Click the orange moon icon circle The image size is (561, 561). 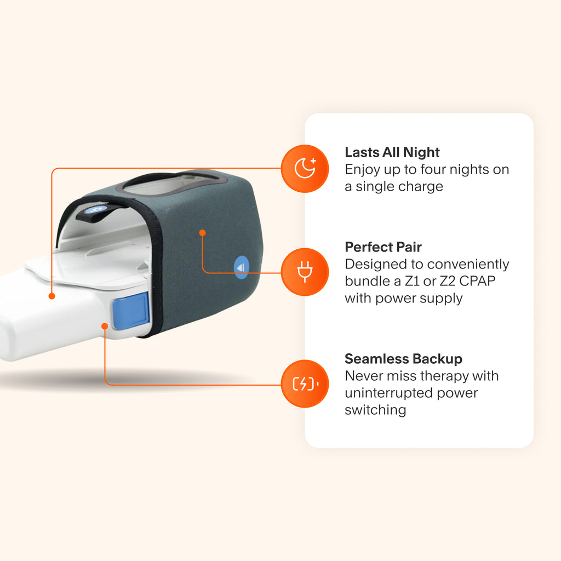[x=305, y=169]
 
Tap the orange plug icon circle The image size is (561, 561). [x=305, y=272]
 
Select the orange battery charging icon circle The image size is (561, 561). [x=305, y=384]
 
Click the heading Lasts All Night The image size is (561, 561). [x=392, y=152]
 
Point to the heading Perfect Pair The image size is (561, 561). [x=383, y=247]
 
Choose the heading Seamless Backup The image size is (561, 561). [x=403, y=359]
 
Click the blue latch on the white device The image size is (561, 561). [x=130, y=310]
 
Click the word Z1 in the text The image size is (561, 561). [x=417, y=282]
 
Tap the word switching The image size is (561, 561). [x=375, y=410]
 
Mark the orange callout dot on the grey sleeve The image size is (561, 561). [x=202, y=233]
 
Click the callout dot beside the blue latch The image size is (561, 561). [x=105, y=326]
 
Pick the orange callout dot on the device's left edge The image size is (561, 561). [x=51, y=296]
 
